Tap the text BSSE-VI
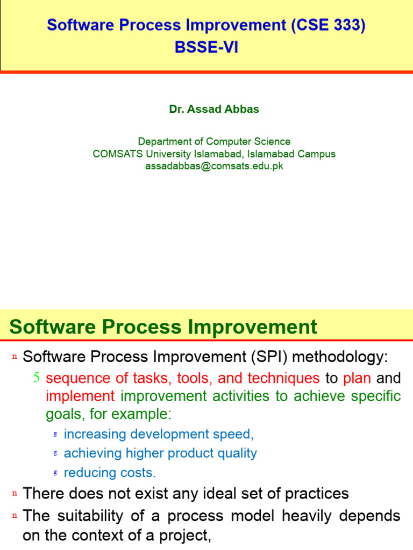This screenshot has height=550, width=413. (x=206, y=48)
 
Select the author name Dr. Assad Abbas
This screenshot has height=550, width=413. (x=214, y=109)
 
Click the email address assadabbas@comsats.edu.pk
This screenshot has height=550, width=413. (x=214, y=166)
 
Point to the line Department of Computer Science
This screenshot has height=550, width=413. (x=214, y=141)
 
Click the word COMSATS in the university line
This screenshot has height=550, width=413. (x=115, y=154)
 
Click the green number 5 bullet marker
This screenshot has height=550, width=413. (x=37, y=378)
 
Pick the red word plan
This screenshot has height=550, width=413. (x=357, y=378)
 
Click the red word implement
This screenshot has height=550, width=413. (x=80, y=396)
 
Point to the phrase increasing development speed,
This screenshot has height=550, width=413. (x=159, y=434)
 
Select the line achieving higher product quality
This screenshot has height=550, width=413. (x=160, y=453)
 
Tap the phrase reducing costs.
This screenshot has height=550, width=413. (x=110, y=473)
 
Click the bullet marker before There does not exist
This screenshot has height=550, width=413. (x=15, y=493)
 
